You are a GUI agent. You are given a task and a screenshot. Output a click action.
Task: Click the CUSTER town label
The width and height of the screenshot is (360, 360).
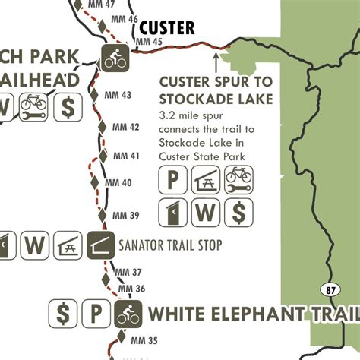click(167, 28)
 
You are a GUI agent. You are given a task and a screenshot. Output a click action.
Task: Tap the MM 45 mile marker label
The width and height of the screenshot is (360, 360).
click(147, 43)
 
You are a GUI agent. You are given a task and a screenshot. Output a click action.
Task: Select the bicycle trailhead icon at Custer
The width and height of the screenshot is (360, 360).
click(115, 57)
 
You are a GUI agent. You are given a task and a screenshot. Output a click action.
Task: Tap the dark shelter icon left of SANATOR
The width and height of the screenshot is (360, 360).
click(101, 245)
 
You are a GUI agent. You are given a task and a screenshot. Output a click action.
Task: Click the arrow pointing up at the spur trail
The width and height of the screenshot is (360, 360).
click(216, 58)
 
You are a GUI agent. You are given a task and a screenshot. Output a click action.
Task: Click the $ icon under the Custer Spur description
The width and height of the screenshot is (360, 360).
click(238, 213)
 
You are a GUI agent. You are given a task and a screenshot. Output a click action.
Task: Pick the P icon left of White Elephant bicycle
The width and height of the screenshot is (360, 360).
click(96, 312)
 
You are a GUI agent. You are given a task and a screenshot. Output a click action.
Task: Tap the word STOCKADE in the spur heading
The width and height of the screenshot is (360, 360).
click(188, 99)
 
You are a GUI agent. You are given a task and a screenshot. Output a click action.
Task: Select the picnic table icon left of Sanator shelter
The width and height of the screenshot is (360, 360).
click(68, 245)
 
